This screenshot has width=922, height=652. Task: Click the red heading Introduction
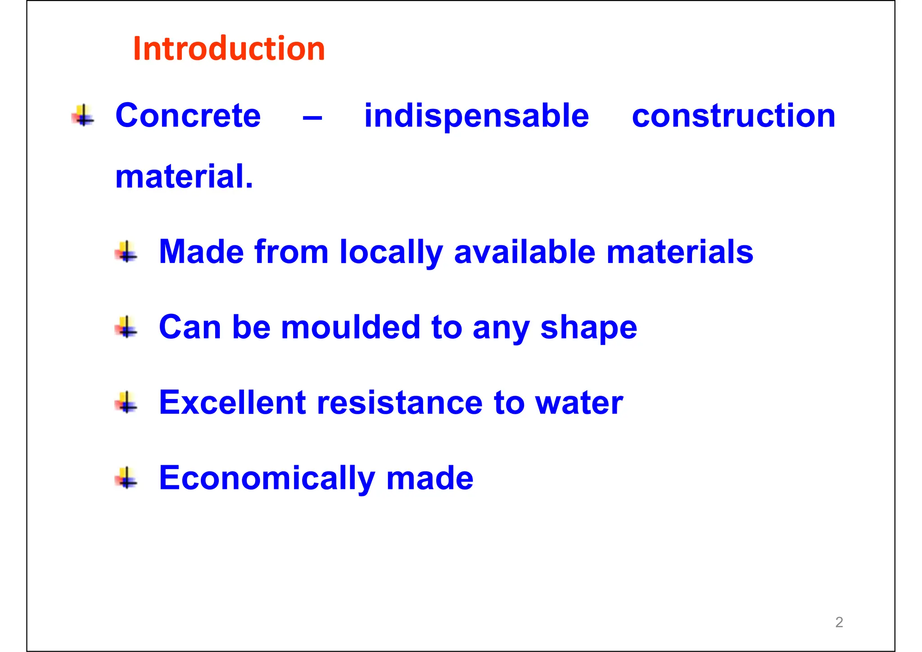229,49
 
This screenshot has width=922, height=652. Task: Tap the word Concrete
188,116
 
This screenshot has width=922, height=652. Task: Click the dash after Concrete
312,118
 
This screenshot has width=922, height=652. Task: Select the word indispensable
476,116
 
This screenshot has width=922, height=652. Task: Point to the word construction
733,116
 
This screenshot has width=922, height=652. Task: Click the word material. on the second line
184,177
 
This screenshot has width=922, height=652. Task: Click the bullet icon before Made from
127,252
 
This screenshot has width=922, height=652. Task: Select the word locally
391,252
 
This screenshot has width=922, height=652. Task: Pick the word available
524,252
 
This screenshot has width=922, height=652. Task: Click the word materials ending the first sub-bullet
680,252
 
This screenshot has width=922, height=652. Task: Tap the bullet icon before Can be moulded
127,327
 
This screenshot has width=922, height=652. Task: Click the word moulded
351,327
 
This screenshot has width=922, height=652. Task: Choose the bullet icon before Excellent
127,402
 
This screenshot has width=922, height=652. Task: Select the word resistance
400,403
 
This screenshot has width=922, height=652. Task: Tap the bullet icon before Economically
127,478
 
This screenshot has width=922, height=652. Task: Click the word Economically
267,479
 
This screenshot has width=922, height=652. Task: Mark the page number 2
839,622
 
